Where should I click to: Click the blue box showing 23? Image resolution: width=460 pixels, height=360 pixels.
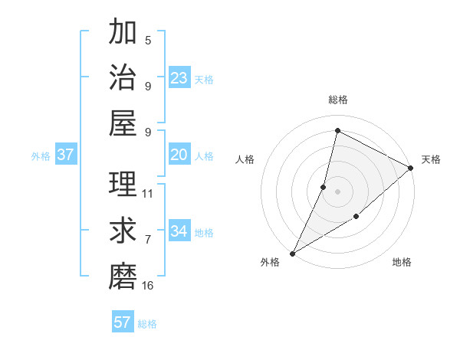(179, 78)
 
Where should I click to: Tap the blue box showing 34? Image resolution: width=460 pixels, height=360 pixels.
(179, 231)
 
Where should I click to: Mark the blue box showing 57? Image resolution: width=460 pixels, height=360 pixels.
(123, 322)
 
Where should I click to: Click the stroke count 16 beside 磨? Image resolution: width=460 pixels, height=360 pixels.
(148, 286)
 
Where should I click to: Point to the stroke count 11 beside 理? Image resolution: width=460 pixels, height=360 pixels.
(148, 193)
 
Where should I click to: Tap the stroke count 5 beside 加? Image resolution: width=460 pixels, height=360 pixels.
(148, 41)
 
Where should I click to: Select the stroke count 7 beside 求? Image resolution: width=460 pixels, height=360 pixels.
(148, 240)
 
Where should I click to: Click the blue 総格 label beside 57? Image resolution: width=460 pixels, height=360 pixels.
(147, 324)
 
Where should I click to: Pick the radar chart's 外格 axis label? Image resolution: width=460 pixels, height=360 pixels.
(270, 263)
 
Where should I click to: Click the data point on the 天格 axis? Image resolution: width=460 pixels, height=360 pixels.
(411, 169)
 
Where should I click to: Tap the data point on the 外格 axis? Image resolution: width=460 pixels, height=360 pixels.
(292, 253)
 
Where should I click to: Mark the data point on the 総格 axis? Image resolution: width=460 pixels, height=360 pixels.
(337, 130)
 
